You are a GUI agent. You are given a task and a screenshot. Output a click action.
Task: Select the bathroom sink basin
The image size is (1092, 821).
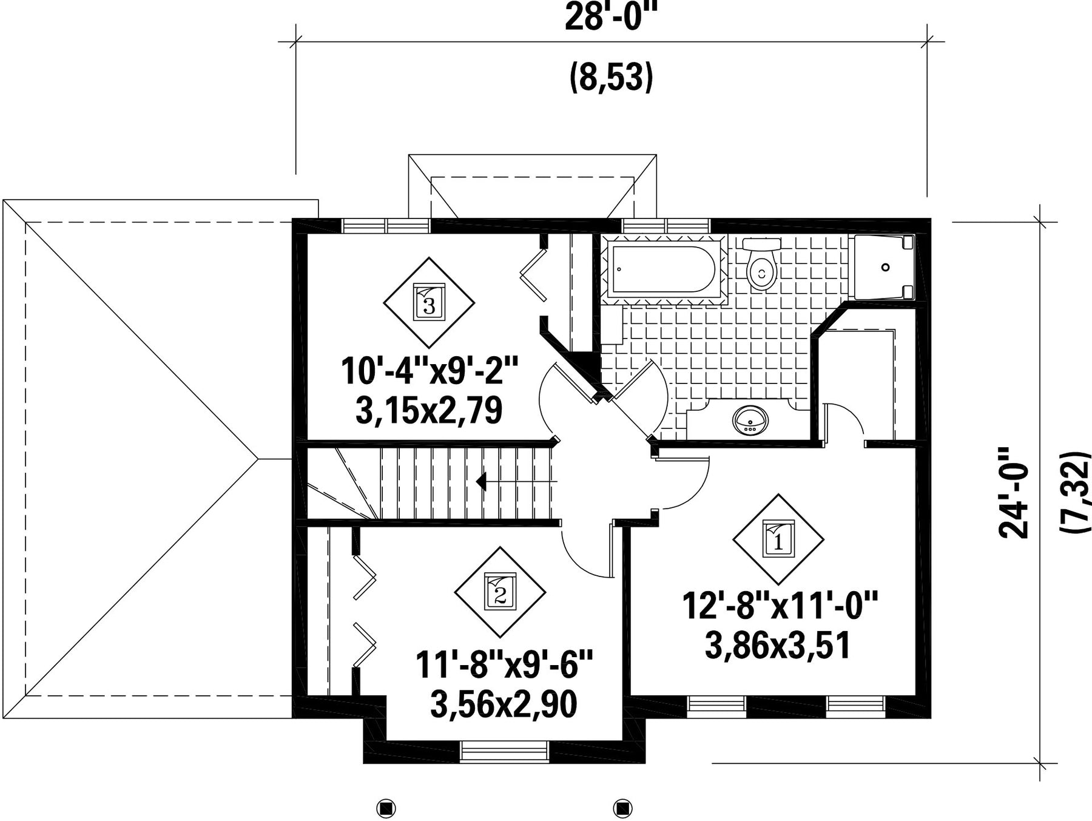pos(750,419)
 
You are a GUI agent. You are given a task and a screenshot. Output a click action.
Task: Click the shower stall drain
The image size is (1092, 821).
pos(885,267)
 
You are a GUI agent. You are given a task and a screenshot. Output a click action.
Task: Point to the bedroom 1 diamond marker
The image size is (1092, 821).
pos(778,538)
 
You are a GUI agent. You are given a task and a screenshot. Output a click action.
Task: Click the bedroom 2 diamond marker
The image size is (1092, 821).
pos(500,592)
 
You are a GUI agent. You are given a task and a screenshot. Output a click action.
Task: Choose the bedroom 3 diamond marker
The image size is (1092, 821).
pos(429,302)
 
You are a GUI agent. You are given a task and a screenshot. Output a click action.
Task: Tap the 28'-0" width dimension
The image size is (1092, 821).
pos(612,18)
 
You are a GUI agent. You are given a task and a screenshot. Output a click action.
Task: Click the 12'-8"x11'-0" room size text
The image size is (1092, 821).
pos(781,606)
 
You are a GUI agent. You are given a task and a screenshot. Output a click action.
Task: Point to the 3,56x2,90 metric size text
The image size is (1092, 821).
pos(504,705)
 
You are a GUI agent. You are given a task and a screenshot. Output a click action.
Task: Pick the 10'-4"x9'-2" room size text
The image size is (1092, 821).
pos(430,371)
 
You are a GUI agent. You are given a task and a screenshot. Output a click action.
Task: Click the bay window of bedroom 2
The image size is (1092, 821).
pos(505,751)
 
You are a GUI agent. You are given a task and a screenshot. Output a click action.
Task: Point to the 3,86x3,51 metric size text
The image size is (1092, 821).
pos(777,646)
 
